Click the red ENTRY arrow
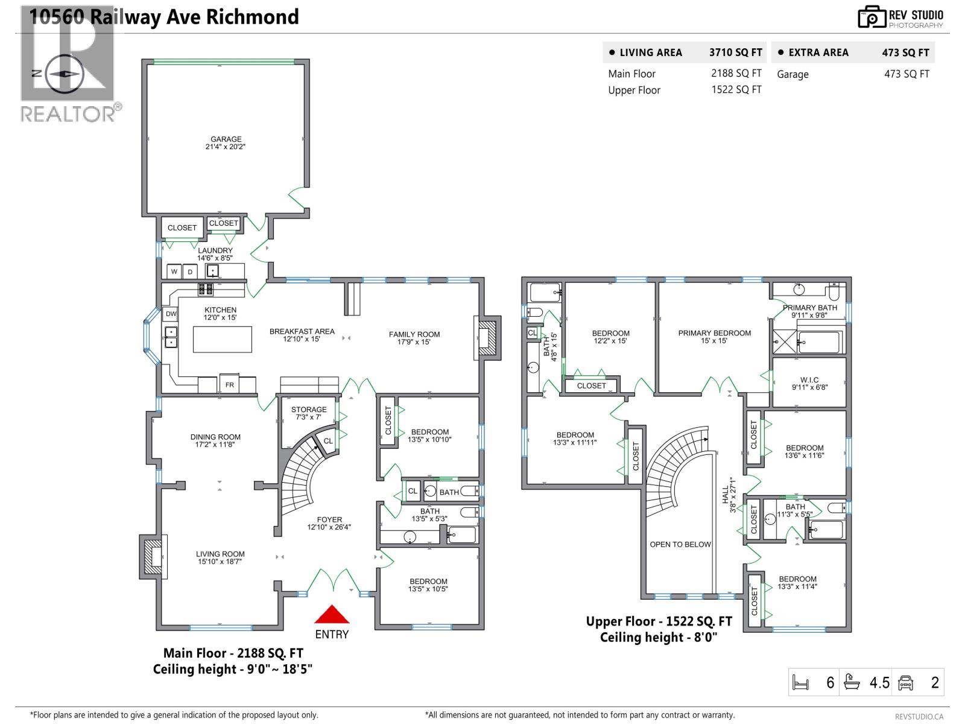332,615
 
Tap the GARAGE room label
226,139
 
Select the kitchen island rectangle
223,339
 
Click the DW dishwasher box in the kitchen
171,314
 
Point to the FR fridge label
230,385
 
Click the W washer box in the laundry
174,271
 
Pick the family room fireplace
487,338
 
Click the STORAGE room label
309,410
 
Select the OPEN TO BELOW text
680,544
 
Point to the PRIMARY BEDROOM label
714,333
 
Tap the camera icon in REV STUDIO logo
872,17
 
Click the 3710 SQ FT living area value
735,52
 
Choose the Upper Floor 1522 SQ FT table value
736,90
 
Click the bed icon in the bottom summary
800,683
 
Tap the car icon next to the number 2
905,683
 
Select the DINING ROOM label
215,437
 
